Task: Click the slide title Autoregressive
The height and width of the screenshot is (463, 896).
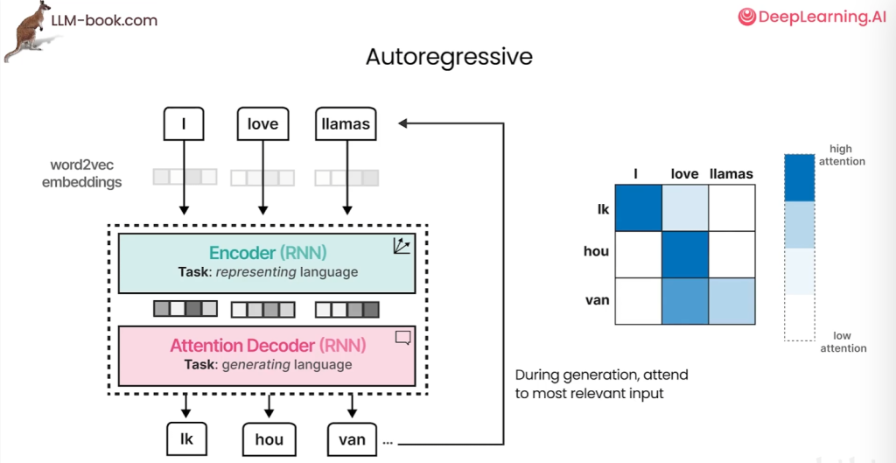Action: [x=449, y=57]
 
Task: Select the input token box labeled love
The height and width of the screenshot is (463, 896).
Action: [x=262, y=124]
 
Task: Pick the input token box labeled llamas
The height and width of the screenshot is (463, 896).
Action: [x=346, y=124]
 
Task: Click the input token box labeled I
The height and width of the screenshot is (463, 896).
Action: [x=184, y=124]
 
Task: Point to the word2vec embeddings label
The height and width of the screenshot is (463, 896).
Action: [x=87, y=173]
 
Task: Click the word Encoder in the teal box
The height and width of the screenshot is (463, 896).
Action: [x=242, y=253]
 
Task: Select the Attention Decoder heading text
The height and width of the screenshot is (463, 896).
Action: [x=244, y=345]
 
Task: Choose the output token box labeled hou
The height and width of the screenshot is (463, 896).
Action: [x=269, y=438]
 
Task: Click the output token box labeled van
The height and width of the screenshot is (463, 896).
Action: [x=352, y=438]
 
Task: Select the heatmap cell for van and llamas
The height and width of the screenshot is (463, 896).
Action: [x=731, y=301]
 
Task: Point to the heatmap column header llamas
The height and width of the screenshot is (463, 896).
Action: [x=731, y=174]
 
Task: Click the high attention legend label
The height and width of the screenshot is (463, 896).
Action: [x=841, y=155]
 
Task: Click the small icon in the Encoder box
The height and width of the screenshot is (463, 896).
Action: [x=402, y=246]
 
